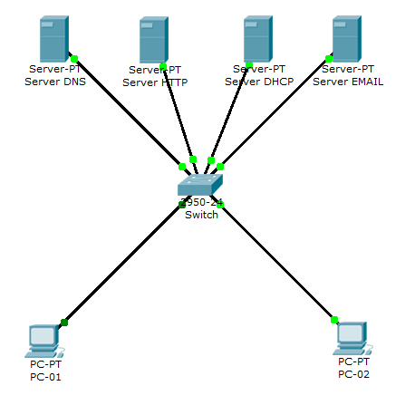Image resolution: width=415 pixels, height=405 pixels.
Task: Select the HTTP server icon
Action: pos(154,40)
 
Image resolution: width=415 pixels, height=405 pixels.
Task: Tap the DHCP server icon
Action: pos(258,39)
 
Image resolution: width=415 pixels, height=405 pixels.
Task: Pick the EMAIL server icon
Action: pos(344,38)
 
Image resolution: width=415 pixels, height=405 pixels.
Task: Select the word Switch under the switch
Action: pos(201,215)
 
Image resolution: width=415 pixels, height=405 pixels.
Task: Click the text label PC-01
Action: pos(44,376)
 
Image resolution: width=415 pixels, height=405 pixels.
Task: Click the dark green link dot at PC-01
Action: pos(64,322)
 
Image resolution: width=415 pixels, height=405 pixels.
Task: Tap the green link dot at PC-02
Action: pos(334,319)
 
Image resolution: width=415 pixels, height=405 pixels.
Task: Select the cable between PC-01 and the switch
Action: pos(122,264)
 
